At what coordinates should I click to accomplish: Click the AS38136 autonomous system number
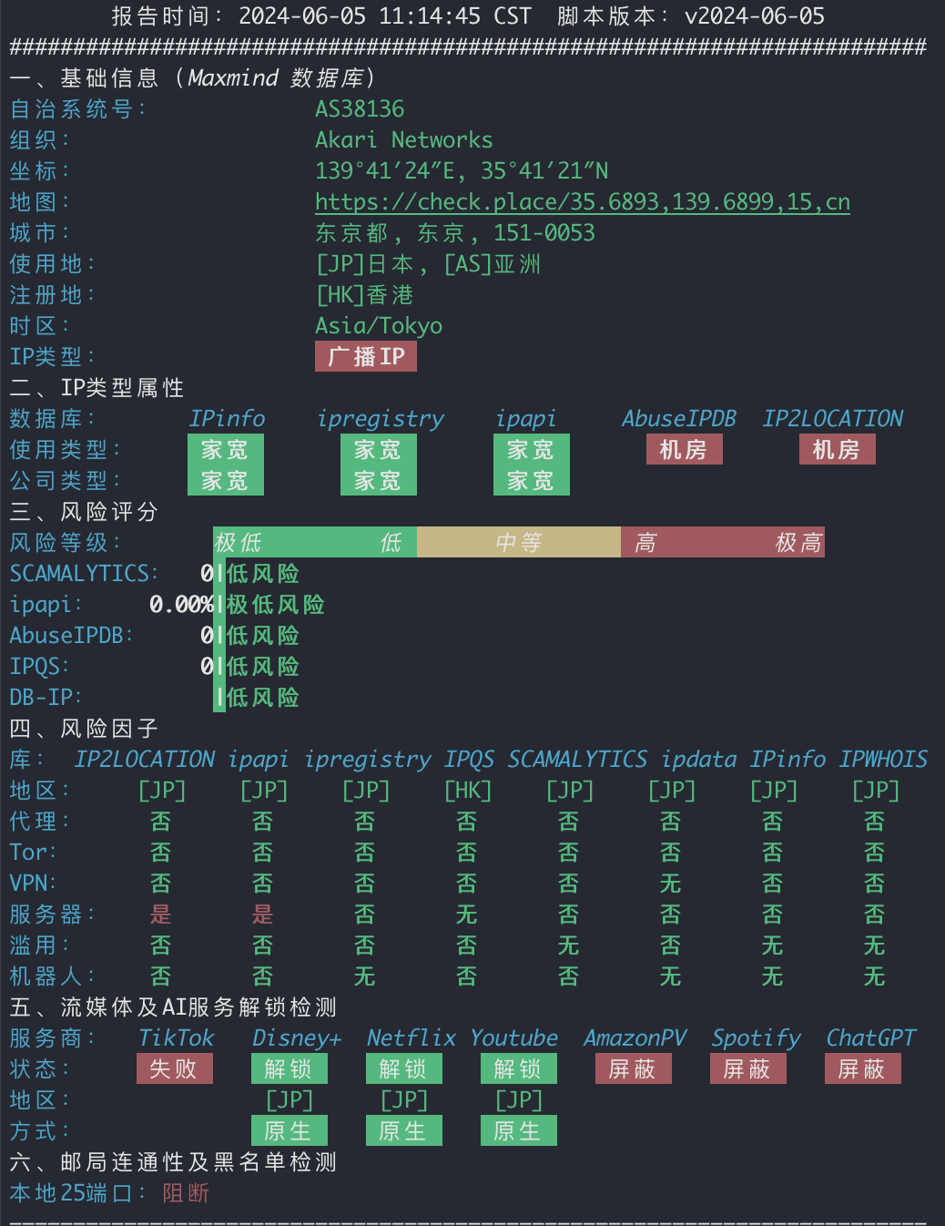point(360,109)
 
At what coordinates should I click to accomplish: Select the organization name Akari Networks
point(403,140)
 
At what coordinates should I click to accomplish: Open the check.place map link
point(583,202)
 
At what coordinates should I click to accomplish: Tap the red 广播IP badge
point(366,356)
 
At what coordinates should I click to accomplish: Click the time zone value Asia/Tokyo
point(379,325)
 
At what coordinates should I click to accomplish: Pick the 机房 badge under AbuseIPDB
point(685,450)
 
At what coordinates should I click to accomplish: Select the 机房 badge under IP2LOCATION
point(838,450)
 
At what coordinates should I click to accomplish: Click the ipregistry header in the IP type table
point(381,419)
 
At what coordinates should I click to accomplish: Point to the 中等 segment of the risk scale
point(519,542)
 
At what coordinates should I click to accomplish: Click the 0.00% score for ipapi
point(181,605)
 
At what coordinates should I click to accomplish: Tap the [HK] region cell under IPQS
point(468,791)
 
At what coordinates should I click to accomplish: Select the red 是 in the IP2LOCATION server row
point(161,914)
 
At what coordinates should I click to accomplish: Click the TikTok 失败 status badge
point(175,1068)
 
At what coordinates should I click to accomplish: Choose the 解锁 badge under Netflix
point(403,1068)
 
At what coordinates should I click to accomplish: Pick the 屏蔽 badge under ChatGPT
point(863,1068)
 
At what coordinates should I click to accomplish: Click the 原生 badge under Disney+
point(290,1130)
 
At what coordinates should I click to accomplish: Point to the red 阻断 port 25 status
point(186,1192)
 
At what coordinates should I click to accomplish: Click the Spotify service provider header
point(757,1038)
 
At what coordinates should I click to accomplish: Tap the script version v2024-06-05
point(755,15)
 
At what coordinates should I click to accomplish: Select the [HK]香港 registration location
point(365,294)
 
